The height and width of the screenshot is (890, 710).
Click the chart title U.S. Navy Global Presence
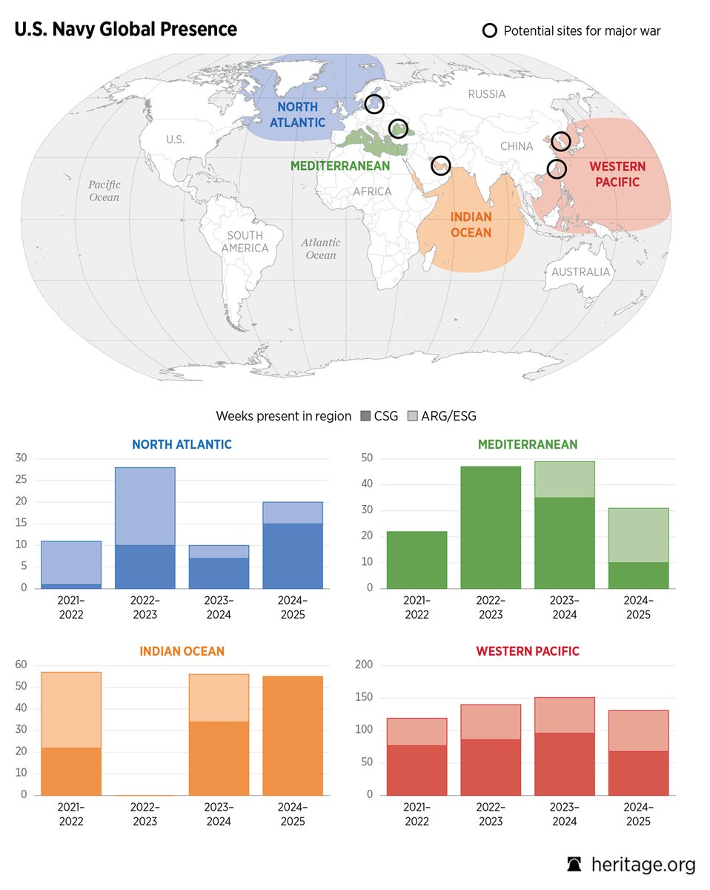coord(125,30)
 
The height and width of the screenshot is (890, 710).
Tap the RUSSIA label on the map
coord(487,94)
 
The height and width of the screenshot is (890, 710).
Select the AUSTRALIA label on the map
coord(580,272)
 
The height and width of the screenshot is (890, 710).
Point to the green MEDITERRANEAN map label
coord(340,166)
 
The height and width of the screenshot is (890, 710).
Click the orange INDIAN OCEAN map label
coord(471,225)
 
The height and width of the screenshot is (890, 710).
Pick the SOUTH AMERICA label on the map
coord(244,242)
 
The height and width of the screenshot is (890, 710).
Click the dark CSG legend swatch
coord(365,416)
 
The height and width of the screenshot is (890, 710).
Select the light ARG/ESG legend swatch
coord(413,416)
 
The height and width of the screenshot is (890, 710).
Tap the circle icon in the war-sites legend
coord(490,31)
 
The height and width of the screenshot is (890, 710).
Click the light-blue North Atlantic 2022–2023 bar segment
coord(145,506)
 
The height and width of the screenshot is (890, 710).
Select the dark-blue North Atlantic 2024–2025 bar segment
coord(293,556)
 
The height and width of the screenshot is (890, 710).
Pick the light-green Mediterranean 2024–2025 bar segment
coord(638,535)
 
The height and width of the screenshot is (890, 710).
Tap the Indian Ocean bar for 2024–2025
coord(293,735)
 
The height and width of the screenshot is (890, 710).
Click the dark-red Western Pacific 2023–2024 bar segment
coord(564,764)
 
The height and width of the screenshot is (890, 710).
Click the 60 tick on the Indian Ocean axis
coord(21,665)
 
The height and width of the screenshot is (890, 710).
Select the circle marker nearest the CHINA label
coord(556,169)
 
